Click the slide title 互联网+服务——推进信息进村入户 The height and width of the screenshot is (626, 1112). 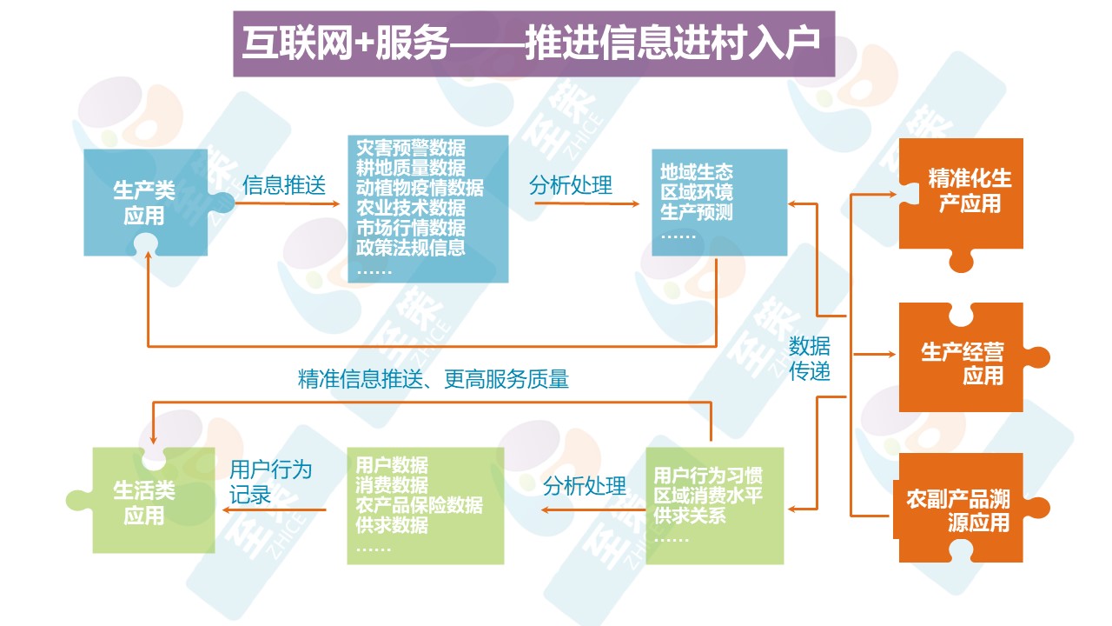click(x=532, y=43)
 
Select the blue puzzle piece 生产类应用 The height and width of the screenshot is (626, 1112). click(x=144, y=203)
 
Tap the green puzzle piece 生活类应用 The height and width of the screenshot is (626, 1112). click(x=144, y=503)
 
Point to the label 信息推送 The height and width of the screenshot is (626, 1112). click(x=284, y=185)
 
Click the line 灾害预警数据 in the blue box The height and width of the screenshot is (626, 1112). click(x=410, y=147)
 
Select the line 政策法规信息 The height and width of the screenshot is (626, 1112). click(x=410, y=248)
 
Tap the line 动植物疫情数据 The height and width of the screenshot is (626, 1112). click(x=420, y=187)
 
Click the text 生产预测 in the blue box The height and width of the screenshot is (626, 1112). click(x=697, y=212)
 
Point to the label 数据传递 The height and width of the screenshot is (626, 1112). click(x=810, y=358)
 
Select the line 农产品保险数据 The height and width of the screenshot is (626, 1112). click(x=419, y=505)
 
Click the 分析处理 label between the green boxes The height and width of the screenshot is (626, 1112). click(x=584, y=486)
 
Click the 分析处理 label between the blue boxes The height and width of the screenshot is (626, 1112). click(x=570, y=185)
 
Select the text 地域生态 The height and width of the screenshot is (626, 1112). click(x=697, y=171)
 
